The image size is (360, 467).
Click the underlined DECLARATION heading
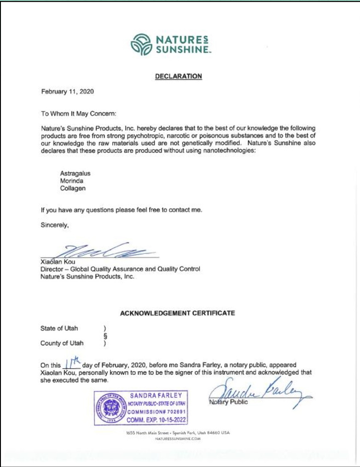[179, 76]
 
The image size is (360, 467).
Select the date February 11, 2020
[68, 91]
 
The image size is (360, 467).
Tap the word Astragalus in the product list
[75, 173]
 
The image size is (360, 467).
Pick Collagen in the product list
[73, 188]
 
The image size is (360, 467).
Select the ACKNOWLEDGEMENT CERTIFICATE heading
[177, 313]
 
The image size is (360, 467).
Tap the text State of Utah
[59, 328]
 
